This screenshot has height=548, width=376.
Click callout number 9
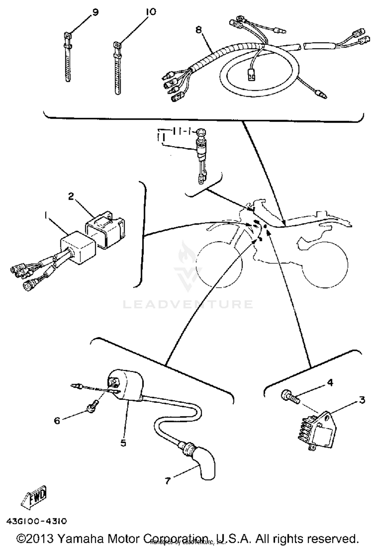[96, 12]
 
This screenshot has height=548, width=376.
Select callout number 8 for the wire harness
[198, 30]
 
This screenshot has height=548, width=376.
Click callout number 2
[71, 197]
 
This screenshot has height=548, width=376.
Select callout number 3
[362, 400]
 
